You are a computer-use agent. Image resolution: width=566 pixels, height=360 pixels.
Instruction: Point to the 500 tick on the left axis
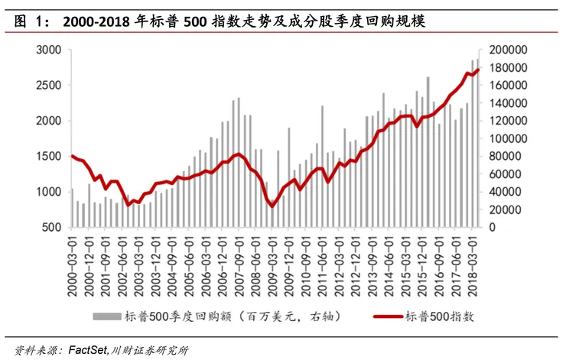(x=54, y=228)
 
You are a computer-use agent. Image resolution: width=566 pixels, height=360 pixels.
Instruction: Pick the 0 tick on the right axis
(x=493, y=228)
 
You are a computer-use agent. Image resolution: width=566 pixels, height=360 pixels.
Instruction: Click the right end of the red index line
(x=479, y=70)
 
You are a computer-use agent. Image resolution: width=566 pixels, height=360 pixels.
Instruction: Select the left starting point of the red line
(x=72, y=156)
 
